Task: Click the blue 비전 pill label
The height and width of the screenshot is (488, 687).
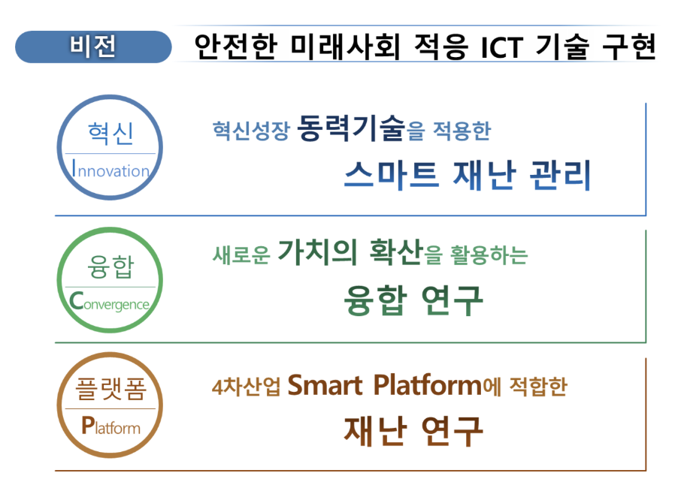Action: (x=93, y=47)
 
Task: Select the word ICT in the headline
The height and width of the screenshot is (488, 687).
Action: (x=502, y=47)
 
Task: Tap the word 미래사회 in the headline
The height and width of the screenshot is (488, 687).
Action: (x=345, y=47)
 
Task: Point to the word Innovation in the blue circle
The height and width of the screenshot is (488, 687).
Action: (x=110, y=170)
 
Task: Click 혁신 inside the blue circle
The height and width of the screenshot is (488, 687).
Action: (x=110, y=133)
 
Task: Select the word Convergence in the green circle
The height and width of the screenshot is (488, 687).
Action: (x=110, y=303)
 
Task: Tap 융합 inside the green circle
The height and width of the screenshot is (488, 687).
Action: (x=110, y=267)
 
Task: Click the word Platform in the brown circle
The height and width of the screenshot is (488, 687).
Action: (x=110, y=426)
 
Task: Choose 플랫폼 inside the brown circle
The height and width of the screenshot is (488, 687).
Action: (x=110, y=389)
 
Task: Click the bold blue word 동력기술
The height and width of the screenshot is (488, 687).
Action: (x=351, y=128)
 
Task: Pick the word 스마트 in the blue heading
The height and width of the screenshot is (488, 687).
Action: (x=392, y=175)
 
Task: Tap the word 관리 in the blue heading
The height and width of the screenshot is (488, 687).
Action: (x=561, y=175)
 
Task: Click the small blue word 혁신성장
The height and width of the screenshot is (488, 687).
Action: (x=251, y=131)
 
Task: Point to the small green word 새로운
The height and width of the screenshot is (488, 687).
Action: (x=241, y=255)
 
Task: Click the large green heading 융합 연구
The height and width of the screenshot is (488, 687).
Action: (x=413, y=300)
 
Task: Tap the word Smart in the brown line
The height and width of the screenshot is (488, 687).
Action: (x=325, y=386)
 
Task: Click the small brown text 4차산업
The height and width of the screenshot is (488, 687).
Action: (x=246, y=387)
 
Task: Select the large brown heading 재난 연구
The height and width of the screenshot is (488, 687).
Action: (x=413, y=431)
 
